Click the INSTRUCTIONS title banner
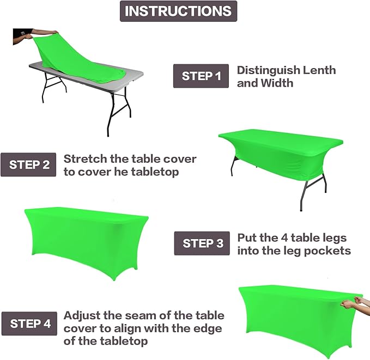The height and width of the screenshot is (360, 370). (x=178, y=11)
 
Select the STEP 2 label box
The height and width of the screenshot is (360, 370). (x=29, y=164)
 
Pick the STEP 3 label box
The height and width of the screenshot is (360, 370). (x=202, y=243)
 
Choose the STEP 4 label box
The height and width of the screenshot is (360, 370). (x=30, y=323)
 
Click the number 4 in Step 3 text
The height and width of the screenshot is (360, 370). (x=286, y=238)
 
